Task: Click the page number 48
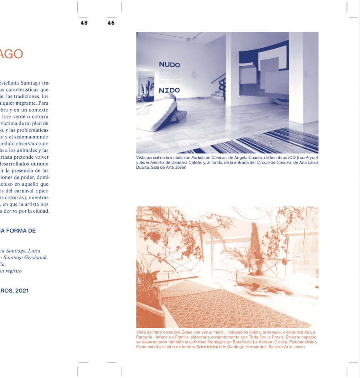click(84, 23)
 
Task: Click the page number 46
click(111, 23)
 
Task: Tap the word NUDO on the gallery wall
click(169, 65)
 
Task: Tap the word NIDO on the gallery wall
click(169, 90)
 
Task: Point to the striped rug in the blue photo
click(258, 142)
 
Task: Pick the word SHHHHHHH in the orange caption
click(208, 347)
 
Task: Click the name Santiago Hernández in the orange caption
click(244, 347)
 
